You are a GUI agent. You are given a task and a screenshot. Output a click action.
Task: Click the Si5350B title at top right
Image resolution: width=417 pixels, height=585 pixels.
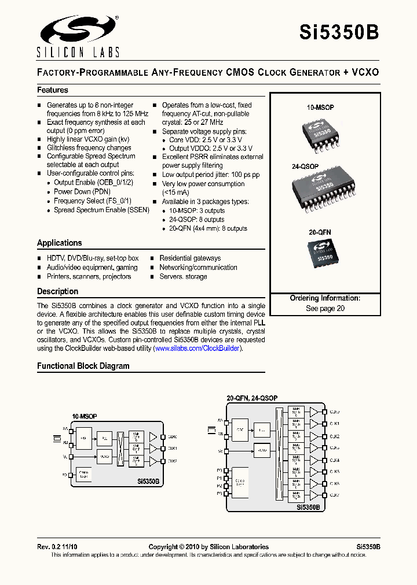[339, 32]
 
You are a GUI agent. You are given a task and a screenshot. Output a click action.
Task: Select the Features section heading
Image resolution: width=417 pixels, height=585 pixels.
[53, 90]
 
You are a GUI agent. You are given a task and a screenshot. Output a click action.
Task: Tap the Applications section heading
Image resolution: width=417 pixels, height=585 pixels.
[60, 243]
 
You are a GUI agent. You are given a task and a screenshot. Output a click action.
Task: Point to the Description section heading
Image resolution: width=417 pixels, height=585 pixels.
[58, 291]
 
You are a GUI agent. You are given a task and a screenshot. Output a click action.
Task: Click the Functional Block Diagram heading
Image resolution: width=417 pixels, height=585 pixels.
[83, 366]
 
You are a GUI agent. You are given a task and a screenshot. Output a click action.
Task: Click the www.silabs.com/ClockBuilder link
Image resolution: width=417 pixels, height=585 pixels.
[197, 349]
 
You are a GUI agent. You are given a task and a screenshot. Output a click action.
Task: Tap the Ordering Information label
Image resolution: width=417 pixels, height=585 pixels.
[325, 298]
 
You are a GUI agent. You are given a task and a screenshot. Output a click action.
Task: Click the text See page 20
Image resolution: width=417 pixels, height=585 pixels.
[325, 309]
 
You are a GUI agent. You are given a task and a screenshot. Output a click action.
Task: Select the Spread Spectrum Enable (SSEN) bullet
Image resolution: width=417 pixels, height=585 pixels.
[101, 210]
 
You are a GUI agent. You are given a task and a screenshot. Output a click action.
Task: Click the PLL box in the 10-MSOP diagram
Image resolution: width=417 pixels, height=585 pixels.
[104, 438]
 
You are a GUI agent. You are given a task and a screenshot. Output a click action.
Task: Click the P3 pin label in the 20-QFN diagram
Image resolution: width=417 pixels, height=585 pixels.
[219, 494]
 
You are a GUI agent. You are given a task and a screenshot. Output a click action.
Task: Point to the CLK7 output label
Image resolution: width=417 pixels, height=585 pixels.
[335, 495]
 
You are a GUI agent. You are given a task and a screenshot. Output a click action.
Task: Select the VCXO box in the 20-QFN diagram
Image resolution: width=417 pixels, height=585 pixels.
[262, 450]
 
